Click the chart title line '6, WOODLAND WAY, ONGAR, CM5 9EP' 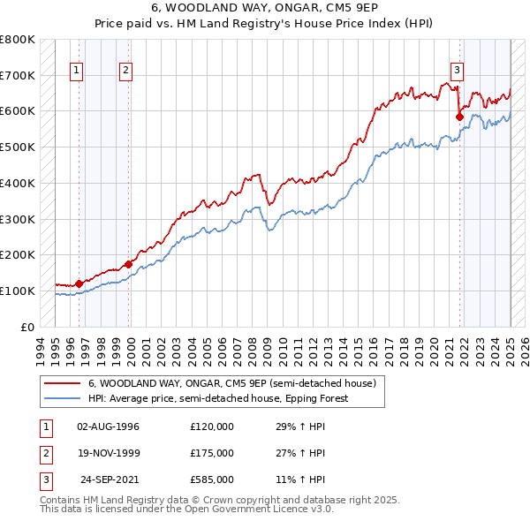pyautogui.click(x=265, y=7)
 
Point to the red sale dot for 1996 pyautogui.click(x=79, y=283)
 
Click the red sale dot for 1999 pyautogui.click(x=129, y=263)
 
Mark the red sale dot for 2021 pyautogui.click(x=459, y=116)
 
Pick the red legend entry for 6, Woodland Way pyautogui.click(x=232, y=383)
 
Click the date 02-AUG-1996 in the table pyautogui.click(x=108, y=427)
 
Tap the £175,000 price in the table pyautogui.click(x=212, y=453)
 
